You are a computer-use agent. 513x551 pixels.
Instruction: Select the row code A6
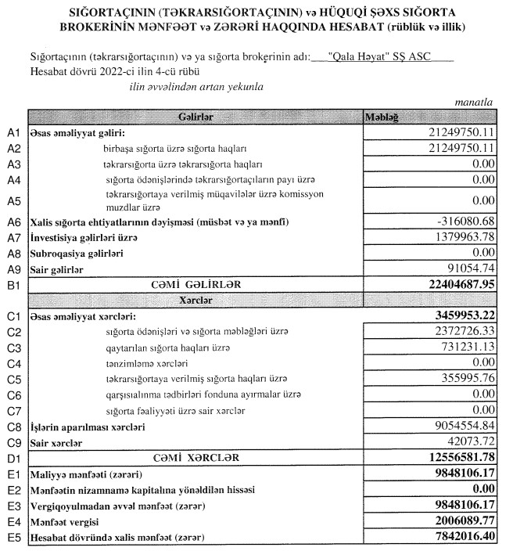click(12, 222)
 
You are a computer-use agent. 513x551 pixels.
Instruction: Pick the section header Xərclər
click(196, 300)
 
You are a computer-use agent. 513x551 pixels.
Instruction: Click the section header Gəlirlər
click(196, 117)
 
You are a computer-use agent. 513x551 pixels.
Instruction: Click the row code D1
click(12, 458)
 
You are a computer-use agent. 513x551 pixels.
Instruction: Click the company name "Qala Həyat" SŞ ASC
click(381, 57)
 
